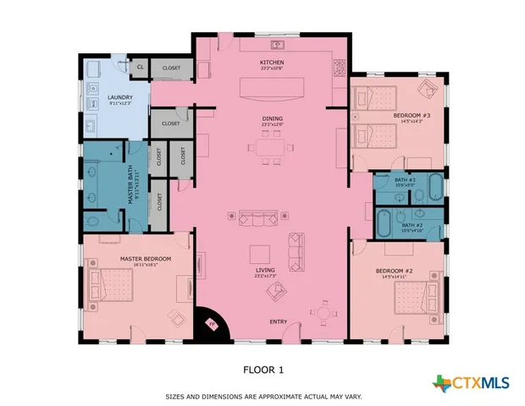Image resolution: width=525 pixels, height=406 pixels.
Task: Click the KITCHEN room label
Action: coord(271,63)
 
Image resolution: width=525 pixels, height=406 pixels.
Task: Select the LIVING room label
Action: coord(266,271)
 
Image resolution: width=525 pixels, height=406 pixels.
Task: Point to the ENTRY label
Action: coord(279,322)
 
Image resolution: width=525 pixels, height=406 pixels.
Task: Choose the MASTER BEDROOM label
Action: coord(146,259)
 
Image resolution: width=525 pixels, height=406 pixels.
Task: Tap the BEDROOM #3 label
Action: coord(412,116)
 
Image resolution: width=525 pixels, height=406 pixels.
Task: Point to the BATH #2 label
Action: coord(412,225)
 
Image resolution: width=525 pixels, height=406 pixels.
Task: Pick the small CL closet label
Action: coord(141,67)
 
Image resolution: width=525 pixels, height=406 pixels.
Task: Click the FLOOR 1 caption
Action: coord(263,369)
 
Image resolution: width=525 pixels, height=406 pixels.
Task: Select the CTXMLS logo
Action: coord(471,383)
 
